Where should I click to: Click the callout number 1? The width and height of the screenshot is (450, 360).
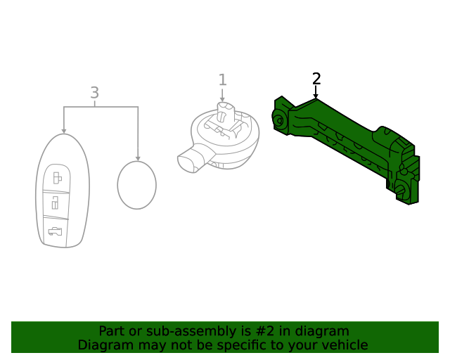pyautogui.click(x=223, y=80)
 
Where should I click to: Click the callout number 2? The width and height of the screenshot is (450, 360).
pyautogui.click(x=316, y=78)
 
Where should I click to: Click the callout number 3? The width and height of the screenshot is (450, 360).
pyautogui.click(x=95, y=93)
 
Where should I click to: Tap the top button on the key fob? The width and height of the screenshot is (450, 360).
pyautogui.click(x=57, y=178)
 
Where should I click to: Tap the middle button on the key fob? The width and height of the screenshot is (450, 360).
pyautogui.click(x=56, y=204)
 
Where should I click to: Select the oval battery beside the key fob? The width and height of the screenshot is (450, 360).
pyautogui.click(x=137, y=185)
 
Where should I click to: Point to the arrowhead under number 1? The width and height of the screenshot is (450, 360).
pyautogui.click(x=222, y=99)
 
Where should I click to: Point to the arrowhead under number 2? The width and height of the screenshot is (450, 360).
pyautogui.click(x=316, y=96)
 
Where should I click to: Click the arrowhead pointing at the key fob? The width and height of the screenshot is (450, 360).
pyautogui.click(x=64, y=131)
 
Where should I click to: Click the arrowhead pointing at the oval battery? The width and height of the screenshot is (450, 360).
pyautogui.click(x=138, y=158)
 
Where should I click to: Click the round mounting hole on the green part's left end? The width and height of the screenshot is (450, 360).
pyautogui.click(x=279, y=121)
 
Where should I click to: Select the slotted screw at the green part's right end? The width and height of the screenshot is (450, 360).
pyautogui.click(x=401, y=189)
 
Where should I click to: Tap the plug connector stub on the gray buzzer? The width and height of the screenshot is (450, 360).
pyautogui.click(x=190, y=160)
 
